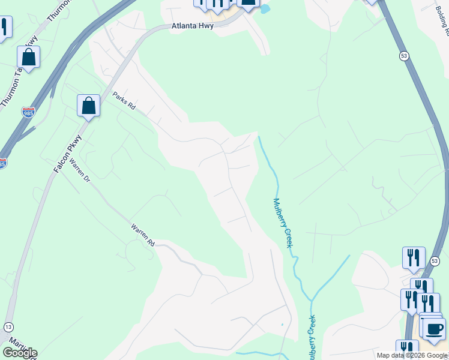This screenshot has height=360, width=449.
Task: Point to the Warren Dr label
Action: tap(78, 171)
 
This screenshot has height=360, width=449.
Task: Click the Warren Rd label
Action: tap(143, 235)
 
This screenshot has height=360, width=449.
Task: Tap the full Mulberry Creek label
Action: tap(282, 223)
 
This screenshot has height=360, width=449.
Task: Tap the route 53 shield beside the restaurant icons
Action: tap(435, 260)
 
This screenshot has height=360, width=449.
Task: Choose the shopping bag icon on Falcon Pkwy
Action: tap(89, 106)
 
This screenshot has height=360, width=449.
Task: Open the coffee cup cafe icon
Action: tap(434, 328)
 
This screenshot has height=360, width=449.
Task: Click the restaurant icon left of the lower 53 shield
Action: tap(414, 257)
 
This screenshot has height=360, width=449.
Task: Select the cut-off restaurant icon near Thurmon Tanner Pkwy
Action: tap(4, 27)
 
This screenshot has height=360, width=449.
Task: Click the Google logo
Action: tap(20, 353)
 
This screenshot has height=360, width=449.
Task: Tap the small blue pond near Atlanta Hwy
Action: tap(264, 8)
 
